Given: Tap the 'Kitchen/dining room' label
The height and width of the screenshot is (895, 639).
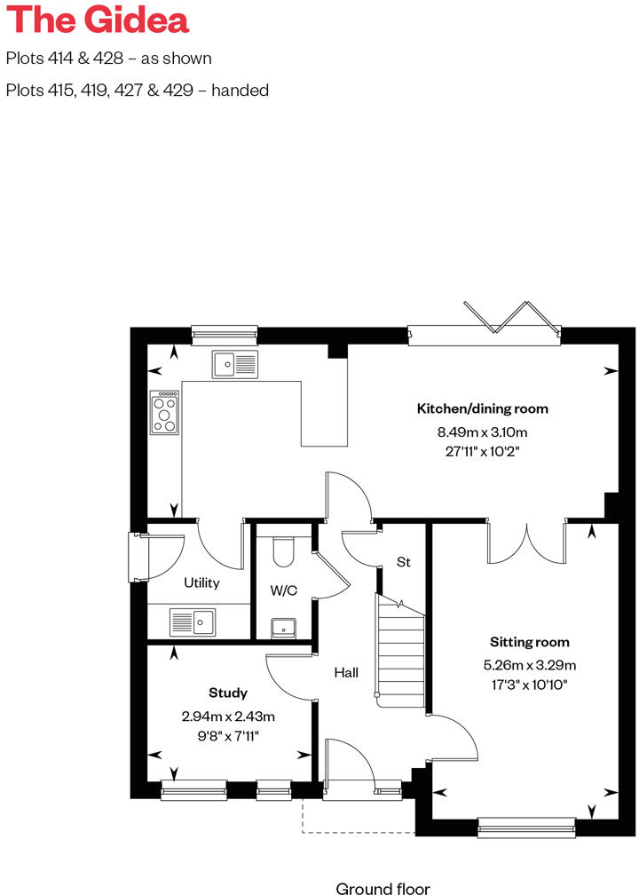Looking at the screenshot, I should (x=483, y=409).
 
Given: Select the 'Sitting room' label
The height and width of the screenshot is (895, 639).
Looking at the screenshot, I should (x=530, y=642).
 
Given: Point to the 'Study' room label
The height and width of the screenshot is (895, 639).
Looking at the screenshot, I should (x=228, y=693).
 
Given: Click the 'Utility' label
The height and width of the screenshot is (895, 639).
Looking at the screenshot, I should (x=201, y=583).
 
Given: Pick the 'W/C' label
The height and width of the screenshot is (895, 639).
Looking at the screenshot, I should (x=284, y=590).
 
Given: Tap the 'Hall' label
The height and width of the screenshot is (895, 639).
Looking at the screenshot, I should (x=346, y=673).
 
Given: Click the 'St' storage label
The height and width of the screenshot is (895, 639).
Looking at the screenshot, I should (x=404, y=562).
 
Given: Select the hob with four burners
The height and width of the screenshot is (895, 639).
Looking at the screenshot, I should (x=164, y=413).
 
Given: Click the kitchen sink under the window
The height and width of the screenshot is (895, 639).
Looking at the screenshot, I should (x=235, y=363).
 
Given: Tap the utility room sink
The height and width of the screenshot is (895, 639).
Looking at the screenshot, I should (x=193, y=622).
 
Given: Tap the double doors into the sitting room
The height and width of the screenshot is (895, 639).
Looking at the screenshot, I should (x=526, y=542).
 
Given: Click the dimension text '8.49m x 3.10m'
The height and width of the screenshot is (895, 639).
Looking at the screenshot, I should (x=483, y=433).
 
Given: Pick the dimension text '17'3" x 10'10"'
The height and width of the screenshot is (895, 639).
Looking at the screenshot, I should (x=530, y=685).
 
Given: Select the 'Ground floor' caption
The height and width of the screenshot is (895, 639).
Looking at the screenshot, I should (x=383, y=887).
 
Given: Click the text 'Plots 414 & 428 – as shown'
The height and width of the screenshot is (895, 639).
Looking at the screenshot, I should (x=109, y=59).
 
